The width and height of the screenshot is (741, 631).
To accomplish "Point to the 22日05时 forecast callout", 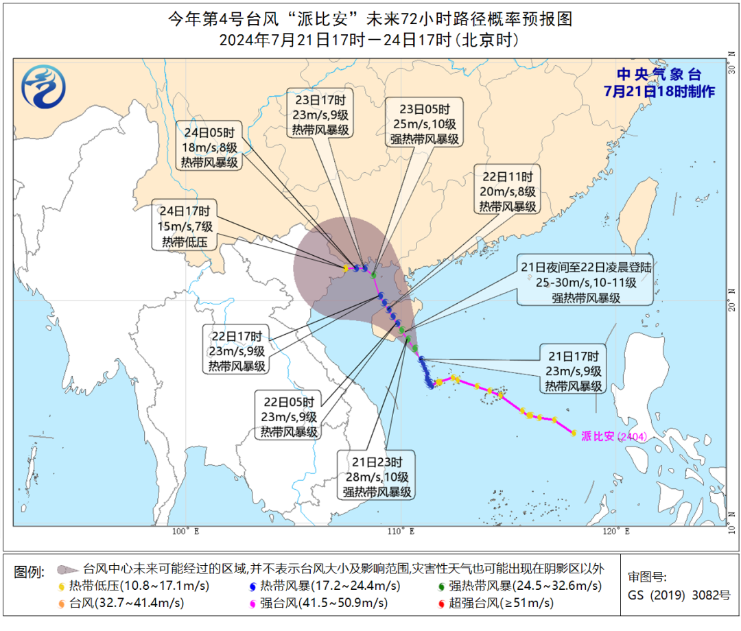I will pyautogui.click(x=288, y=416).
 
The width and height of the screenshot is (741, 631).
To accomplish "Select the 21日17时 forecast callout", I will pyautogui.click(x=574, y=371).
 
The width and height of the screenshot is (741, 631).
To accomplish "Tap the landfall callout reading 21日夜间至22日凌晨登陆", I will pyautogui.click(x=585, y=282).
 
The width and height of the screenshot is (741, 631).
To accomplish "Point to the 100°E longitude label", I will pyautogui.click(x=185, y=531).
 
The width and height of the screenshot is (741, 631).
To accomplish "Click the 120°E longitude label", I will pyautogui.click(x=618, y=531).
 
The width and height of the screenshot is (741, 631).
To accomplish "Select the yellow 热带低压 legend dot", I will pyautogui.click(x=62, y=586).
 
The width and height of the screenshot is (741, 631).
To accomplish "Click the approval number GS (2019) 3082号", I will pyautogui.click(x=679, y=595).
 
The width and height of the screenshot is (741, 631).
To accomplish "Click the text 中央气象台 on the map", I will pyautogui.click(x=658, y=75).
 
